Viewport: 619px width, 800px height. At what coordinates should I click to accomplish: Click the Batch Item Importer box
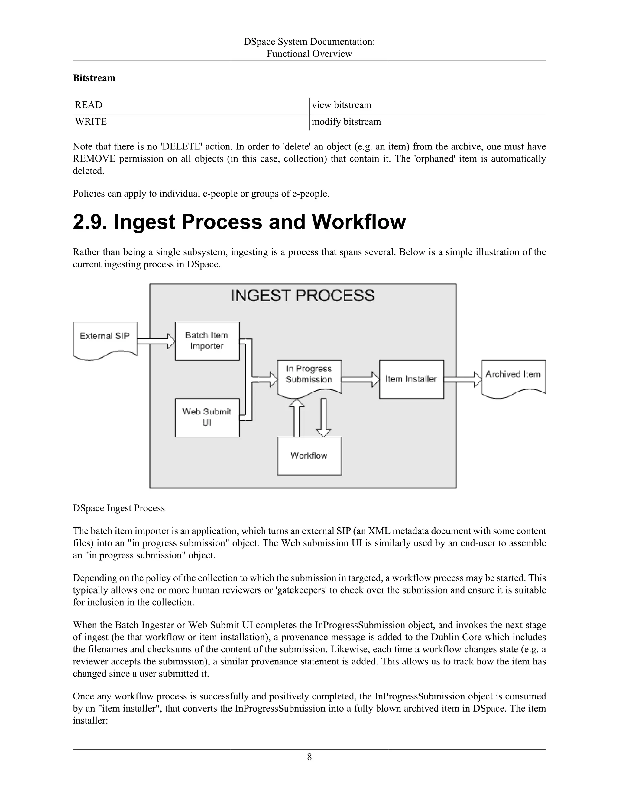pos(207,341)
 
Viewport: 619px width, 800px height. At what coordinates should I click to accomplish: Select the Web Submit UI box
pos(207,418)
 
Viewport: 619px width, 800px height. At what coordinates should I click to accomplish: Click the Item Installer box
pos(411,379)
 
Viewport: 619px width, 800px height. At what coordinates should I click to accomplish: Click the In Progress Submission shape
pos(309,376)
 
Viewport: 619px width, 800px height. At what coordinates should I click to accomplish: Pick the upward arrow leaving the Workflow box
pos(297,418)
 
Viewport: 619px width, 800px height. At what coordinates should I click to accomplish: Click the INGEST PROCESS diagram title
pos(303,296)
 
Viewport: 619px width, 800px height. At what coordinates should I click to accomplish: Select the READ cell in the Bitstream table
pos(89,105)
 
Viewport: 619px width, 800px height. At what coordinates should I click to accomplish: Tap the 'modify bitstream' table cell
pos(346,122)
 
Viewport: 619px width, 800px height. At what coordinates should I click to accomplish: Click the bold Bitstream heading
pos(94,78)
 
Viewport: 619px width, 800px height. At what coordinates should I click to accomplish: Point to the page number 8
pos(309,757)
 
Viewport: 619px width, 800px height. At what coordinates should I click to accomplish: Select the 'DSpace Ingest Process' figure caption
pos(119,508)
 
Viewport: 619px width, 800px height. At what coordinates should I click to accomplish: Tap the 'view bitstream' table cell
pos(342,105)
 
